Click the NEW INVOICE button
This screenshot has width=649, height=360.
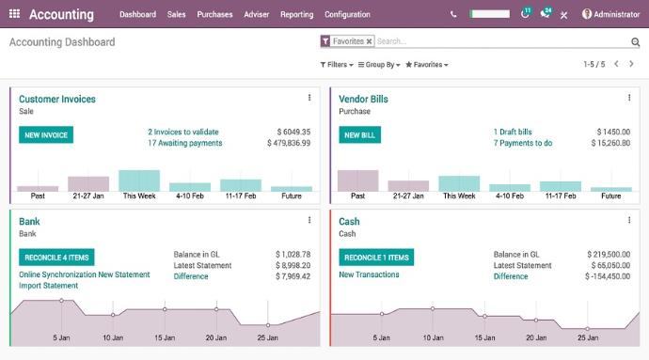pyautogui.click(x=46, y=135)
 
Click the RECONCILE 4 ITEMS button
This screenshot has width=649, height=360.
pyautogui.click(x=56, y=258)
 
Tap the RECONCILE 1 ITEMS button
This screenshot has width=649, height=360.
pyautogui.click(x=375, y=258)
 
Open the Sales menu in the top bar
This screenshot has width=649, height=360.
pyautogui.click(x=177, y=14)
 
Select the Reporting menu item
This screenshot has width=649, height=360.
pyautogui.click(x=296, y=14)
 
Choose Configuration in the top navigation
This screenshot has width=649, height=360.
pyautogui.click(x=347, y=14)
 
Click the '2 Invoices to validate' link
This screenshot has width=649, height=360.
pyautogui.click(x=183, y=132)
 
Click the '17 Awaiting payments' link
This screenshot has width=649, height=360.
pyautogui.click(x=185, y=143)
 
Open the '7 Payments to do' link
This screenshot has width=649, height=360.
pyautogui.click(x=523, y=143)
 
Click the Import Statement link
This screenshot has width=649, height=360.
pyautogui.click(x=48, y=286)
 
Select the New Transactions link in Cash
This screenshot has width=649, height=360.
pyautogui.click(x=369, y=274)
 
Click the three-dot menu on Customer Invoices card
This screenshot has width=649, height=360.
pyautogui.click(x=309, y=98)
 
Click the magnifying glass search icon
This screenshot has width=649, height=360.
pyautogui.click(x=635, y=42)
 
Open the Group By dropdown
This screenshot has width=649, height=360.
pyautogui.click(x=379, y=65)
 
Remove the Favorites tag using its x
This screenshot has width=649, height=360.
pyautogui.click(x=369, y=41)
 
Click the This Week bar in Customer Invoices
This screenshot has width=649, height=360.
pyautogui.click(x=139, y=180)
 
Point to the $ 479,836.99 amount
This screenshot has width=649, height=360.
pyautogui.click(x=289, y=143)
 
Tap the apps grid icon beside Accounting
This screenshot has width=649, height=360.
pyautogui.click(x=14, y=14)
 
